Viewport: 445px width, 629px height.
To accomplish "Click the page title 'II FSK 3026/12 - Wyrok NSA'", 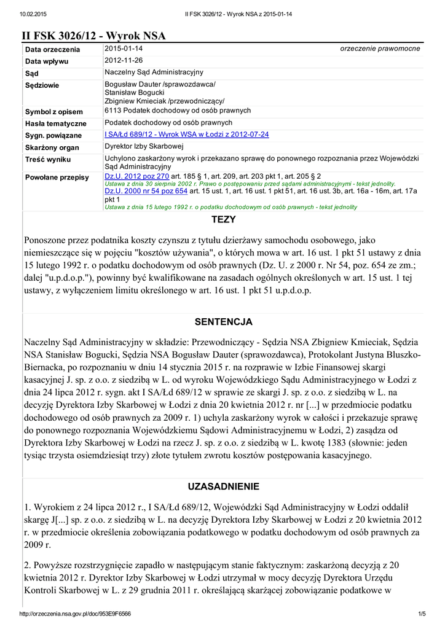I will (94, 36).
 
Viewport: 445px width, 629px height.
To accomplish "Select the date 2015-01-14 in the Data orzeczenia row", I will (124, 49).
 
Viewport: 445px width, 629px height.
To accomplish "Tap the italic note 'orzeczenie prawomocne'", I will (380, 49).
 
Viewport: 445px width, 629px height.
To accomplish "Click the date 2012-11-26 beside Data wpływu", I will (124, 61).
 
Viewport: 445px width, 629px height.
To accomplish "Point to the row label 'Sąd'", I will (31, 74).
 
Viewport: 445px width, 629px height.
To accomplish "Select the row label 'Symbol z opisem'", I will (53, 112).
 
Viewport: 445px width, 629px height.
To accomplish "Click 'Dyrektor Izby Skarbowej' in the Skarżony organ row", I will (144, 147).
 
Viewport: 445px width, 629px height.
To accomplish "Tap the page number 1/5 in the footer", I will (422, 614).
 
